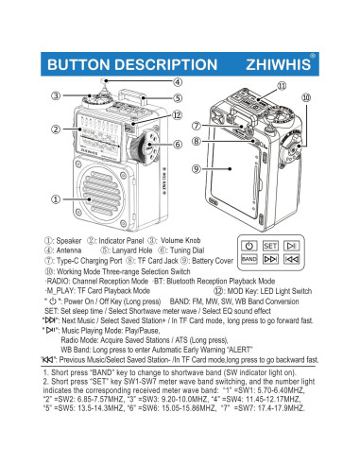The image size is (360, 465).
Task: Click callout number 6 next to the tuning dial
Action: [x=177, y=145]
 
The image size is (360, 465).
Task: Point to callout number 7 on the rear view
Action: [x=197, y=125]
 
